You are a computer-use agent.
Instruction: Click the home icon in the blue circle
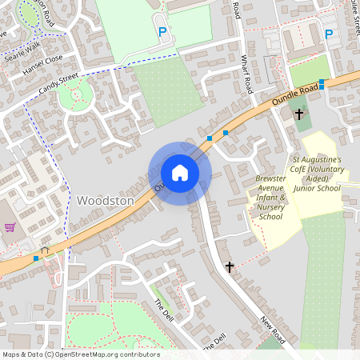tap(180, 173)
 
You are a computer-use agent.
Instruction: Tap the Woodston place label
tap(106, 200)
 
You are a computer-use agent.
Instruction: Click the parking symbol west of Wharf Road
tap(163, 33)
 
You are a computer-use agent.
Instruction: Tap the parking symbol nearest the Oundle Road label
tap(328, 34)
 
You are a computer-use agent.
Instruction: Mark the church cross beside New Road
tap(230, 266)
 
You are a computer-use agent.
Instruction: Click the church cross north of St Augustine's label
tap(299, 114)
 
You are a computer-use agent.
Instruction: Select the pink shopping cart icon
tap(10, 227)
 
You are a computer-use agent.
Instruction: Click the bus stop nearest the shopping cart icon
tap(36, 258)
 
